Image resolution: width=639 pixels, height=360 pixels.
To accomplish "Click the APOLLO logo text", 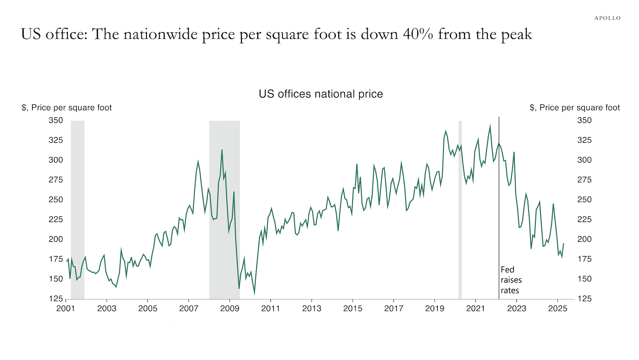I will pyautogui.click(x=608, y=18).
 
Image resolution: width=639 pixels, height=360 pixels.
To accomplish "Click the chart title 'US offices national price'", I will pyautogui.click(x=321, y=94).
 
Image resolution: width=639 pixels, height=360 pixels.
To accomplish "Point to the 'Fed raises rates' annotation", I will pyautogui.click(x=511, y=280).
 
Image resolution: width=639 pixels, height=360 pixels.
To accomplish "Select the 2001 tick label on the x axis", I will pyautogui.click(x=66, y=309).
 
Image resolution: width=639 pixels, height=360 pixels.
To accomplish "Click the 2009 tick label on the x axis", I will pyautogui.click(x=230, y=309).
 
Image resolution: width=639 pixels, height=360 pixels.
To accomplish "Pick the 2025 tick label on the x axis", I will pyautogui.click(x=558, y=309).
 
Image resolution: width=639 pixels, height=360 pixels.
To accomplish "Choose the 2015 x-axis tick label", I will pyautogui.click(x=353, y=309).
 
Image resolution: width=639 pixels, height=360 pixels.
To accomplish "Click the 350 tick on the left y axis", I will pyautogui.click(x=56, y=121).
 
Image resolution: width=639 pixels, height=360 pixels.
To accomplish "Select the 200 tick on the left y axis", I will pyautogui.click(x=56, y=239).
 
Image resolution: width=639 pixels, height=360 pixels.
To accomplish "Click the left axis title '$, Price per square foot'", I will pyautogui.click(x=67, y=108).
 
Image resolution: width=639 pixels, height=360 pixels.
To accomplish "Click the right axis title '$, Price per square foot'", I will pyautogui.click(x=575, y=108).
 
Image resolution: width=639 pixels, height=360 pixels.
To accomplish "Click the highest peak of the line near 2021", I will pyautogui.click(x=490, y=126).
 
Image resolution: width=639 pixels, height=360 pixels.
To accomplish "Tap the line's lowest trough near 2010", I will pyautogui.click(x=254, y=294).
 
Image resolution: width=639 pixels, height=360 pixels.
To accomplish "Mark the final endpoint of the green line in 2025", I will pyautogui.click(x=563, y=244).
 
